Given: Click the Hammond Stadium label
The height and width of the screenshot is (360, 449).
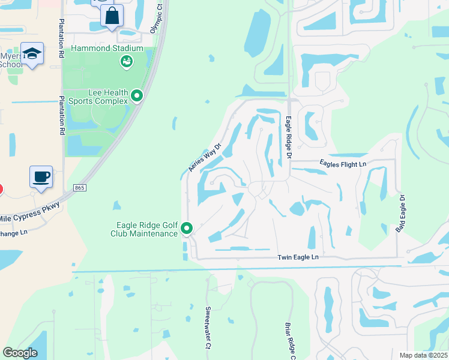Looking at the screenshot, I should [107, 48].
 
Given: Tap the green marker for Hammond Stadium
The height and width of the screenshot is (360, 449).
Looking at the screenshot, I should [126, 61].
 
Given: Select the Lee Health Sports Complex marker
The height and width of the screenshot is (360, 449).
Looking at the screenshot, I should [137, 95].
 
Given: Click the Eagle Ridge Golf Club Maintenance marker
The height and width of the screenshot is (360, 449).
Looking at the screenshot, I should [187, 228].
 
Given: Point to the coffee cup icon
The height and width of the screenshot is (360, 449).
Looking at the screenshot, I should [41, 177].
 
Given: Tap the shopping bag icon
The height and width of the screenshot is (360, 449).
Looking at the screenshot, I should [112, 16].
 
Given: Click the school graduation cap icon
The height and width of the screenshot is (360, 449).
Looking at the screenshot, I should [32, 53].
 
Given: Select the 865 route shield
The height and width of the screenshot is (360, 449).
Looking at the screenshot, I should [79, 188].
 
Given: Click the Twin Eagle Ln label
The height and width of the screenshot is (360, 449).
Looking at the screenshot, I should [298, 257].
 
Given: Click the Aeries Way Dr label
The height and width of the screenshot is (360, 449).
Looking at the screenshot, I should [205, 157].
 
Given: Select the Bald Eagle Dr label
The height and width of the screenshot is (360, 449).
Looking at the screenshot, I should [400, 214].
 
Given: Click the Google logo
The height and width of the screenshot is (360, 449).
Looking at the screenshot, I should [20, 353].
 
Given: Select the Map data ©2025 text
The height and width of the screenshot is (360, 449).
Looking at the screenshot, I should [423, 355].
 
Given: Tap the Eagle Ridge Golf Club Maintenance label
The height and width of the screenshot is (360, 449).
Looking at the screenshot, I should [147, 229].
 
